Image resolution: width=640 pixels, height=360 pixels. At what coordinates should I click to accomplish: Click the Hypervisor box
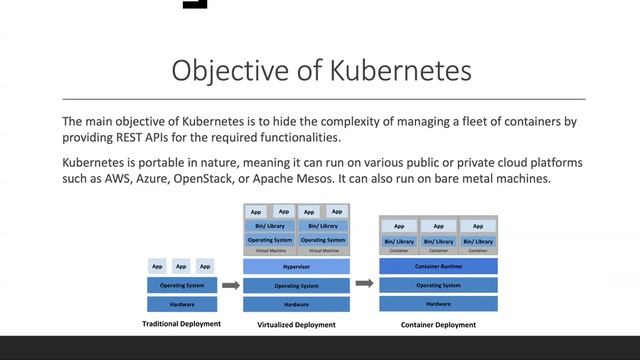(296, 267)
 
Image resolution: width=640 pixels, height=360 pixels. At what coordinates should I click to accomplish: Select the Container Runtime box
(438, 266)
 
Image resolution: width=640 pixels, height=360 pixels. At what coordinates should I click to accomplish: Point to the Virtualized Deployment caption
(296, 325)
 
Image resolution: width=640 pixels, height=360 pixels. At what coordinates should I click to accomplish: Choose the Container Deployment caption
(438, 324)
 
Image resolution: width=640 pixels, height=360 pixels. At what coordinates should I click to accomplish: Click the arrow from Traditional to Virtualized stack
(230, 285)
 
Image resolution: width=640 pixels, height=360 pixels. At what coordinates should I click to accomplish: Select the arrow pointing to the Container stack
(364, 284)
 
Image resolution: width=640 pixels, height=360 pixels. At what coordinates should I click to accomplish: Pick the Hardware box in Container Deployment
(438, 303)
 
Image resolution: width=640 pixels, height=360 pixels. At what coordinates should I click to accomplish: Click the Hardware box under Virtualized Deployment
(296, 304)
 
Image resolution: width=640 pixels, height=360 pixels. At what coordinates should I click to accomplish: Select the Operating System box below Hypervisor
(296, 286)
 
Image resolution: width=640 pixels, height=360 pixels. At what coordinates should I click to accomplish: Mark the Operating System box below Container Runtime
(438, 285)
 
